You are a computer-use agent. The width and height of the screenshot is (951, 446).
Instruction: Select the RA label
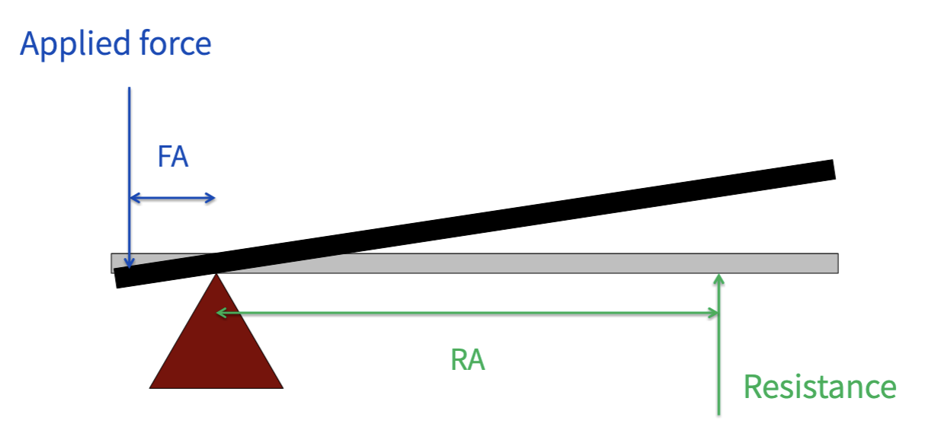(467, 359)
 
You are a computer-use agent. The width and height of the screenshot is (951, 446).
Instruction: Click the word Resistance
(819, 387)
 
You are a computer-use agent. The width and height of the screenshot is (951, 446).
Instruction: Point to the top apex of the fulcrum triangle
(216, 274)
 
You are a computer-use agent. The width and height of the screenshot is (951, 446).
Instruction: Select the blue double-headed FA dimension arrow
(172, 199)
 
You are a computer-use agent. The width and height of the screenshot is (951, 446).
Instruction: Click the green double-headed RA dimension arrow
(467, 312)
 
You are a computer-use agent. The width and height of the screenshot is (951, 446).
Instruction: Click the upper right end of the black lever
(834, 170)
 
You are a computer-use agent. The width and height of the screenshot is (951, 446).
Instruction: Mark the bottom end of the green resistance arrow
(719, 414)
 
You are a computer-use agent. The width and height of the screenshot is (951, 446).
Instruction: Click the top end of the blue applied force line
(130, 88)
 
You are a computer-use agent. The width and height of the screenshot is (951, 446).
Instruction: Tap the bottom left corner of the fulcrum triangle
(151, 387)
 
